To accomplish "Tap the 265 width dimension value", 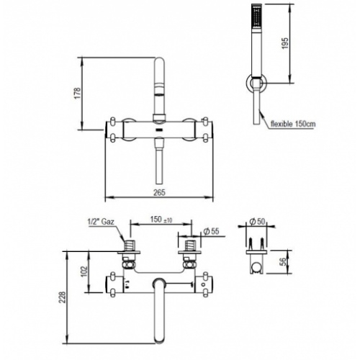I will pyautogui.click(x=160, y=192).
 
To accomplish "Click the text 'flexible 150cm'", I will pyautogui.click(x=294, y=124).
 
